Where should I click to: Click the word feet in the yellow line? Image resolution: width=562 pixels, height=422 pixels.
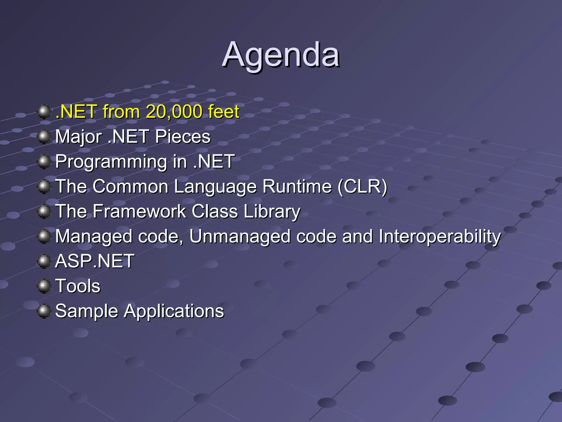pyautogui.click(x=223, y=112)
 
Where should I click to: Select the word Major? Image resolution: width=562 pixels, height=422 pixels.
pyautogui.click(x=78, y=137)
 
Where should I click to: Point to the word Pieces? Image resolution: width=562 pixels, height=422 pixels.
pyautogui.click(x=183, y=137)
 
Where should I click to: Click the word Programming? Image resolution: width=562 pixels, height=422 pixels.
pyautogui.click(x=111, y=162)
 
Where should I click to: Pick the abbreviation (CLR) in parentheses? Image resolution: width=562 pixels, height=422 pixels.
pyautogui.click(x=362, y=187)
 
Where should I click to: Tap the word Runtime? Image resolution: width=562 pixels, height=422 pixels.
pyautogui.click(x=297, y=187)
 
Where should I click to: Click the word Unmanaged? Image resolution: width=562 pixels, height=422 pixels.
pyautogui.click(x=240, y=236)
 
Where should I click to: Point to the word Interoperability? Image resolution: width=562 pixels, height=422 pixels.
pyautogui.click(x=440, y=236)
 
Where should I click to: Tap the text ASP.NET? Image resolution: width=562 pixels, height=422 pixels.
pyautogui.click(x=95, y=261)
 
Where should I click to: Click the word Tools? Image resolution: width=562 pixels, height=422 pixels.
pyautogui.click(x=78, y=286)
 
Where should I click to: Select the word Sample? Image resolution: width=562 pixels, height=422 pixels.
pyautogui.click(x=86, y=311)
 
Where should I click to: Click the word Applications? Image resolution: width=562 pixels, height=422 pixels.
pyautogui.click(x=174, y=311)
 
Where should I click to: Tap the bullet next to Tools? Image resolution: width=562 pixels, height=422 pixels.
pyautogui.click(x=44, y=286)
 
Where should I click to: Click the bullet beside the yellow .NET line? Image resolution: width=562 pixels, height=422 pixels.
pyautogui.click(x=44, y=112)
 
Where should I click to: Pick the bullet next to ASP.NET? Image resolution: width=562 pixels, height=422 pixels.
pyautogui.click(x=44, y=261)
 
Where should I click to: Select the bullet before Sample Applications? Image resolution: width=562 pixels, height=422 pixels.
pyautogui.click(x=44, y=311)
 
